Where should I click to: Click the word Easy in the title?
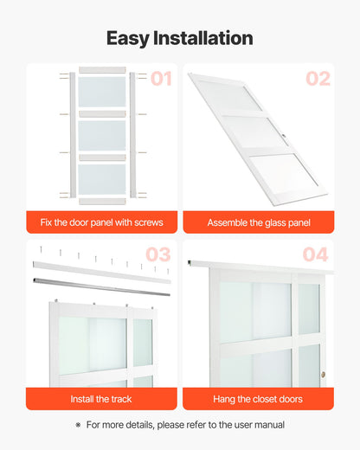[126, 38]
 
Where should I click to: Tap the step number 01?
[161, 79]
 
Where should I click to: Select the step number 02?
[318, 79]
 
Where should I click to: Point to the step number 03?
[157, 254]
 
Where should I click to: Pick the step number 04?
[317, 254]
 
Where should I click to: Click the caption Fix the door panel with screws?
[101, 222]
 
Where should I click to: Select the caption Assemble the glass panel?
[259, 222]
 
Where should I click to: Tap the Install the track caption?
[101, 399]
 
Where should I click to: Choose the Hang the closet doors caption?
[259, 399]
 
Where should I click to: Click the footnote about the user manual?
[185, 425]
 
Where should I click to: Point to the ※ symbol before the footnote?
[78, 425]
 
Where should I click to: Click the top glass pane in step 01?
[102, 92]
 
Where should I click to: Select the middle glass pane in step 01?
[102, 135]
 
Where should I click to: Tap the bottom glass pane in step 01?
[102, 178]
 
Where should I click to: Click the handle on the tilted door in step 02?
[283, 136]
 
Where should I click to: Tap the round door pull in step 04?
[323, 375]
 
